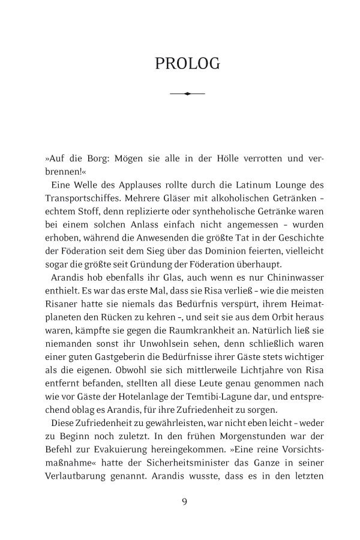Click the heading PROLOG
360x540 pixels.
[188, 64]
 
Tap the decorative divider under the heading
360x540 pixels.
[188, 94]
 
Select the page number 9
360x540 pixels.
[185, 502]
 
